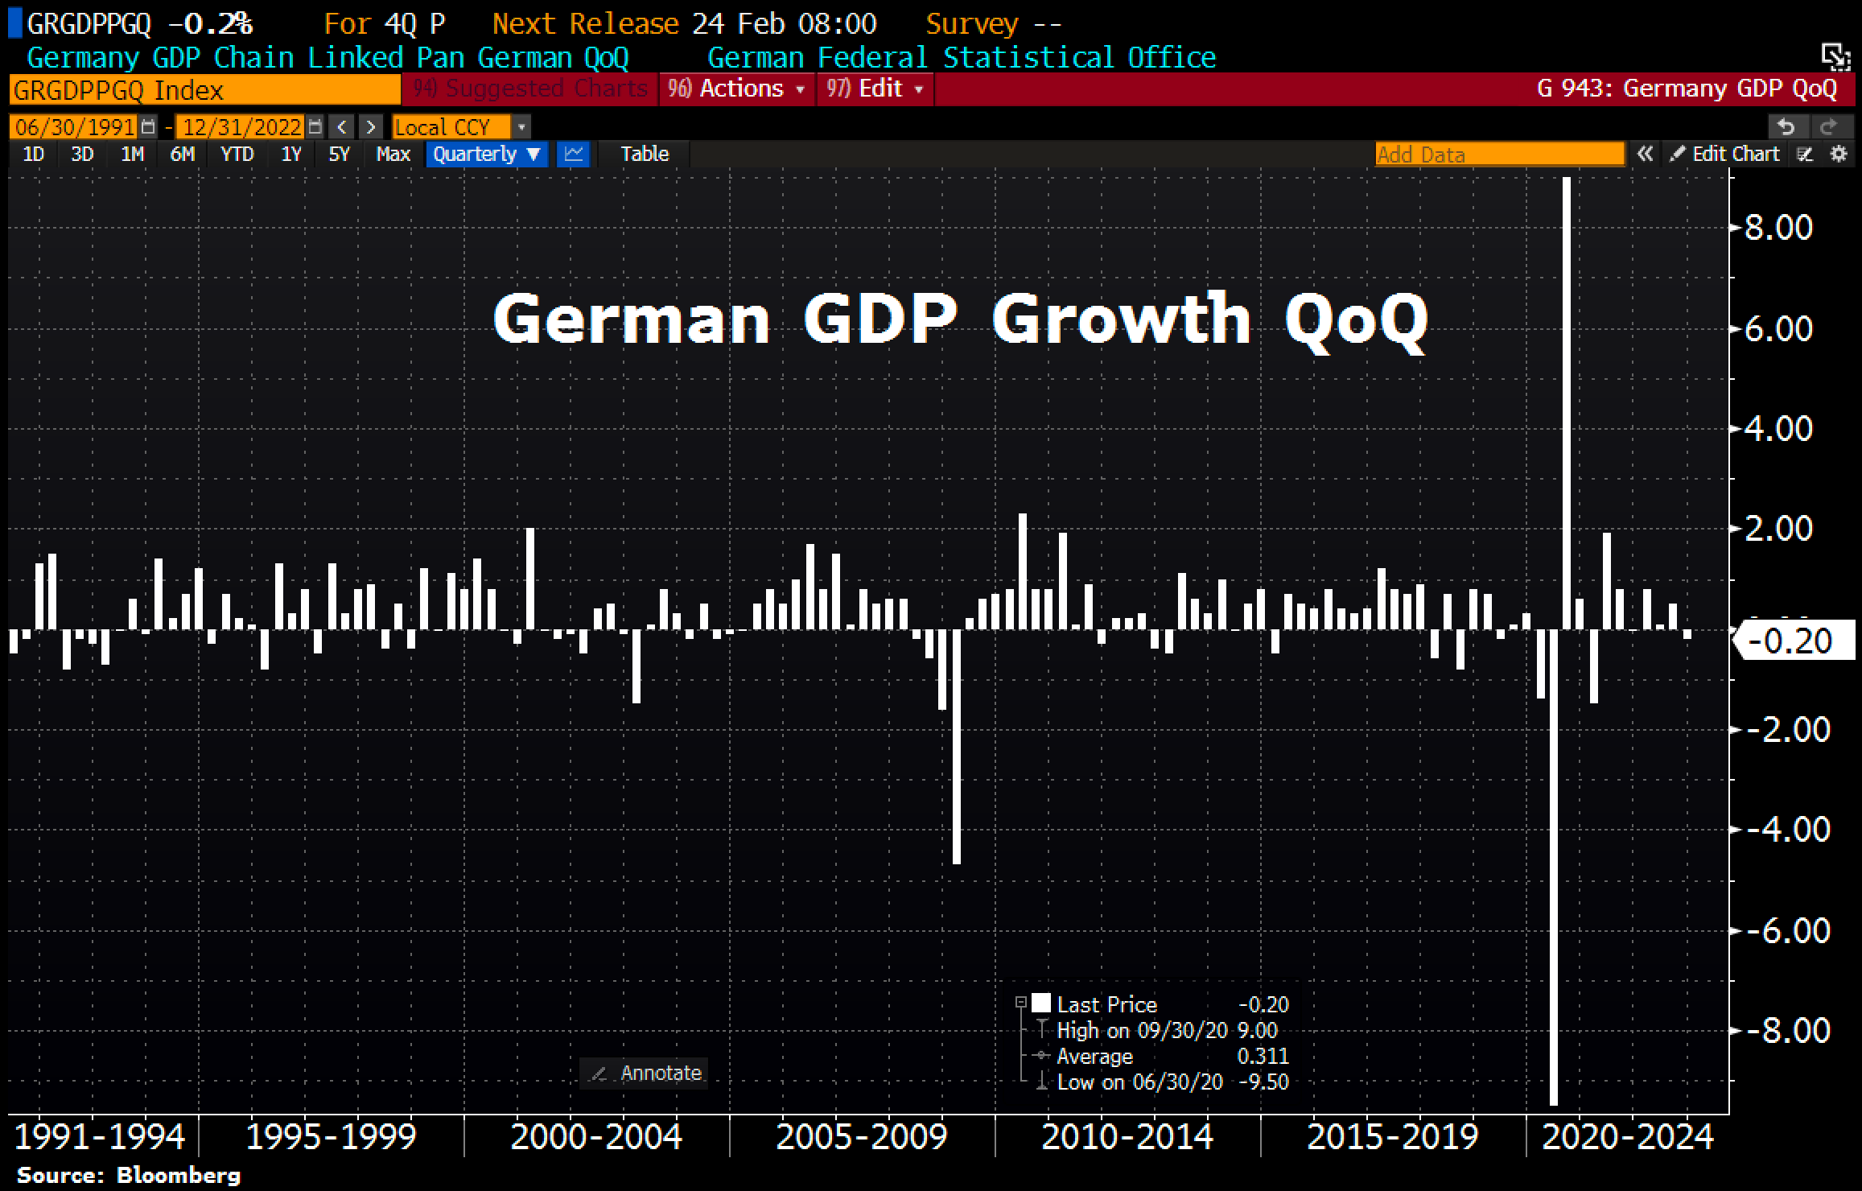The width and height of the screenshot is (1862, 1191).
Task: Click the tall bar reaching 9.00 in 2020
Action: pyautogui.click(x=1567, y=402)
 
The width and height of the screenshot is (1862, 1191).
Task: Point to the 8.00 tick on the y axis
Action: pyautogui.click(x=1778, y=228)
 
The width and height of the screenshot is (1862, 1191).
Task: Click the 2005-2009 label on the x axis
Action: pyautogui.click(x=861, y=1137)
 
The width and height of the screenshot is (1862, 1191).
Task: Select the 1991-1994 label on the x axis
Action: pyautogui.click(x=100, y=1137)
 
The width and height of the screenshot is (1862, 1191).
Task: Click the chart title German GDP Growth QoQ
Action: pyautogui.click(x=959, y=319)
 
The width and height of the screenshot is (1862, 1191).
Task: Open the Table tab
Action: pyautogui.click(x=645, y=154)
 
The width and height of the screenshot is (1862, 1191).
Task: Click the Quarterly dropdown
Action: pyautogui.click(x=487, y=154)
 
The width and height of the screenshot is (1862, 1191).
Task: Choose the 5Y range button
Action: pyautogui.click(x=340, y=154)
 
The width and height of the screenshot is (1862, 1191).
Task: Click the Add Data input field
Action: pyautogui.click(x=1499, y=154)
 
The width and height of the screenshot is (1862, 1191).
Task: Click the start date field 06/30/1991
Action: pyautogui.click(x=75, y=127)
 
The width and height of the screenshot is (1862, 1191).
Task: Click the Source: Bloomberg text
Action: pyautogui.click(x=129, y=1175)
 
